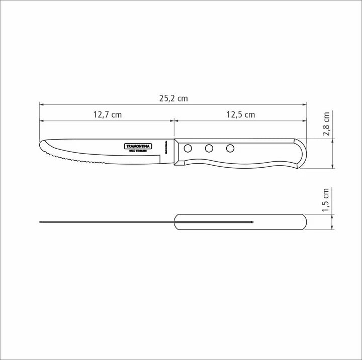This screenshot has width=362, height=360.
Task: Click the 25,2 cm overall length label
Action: [x=173, y=98]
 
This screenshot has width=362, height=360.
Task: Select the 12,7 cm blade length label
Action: [x=107, y=114]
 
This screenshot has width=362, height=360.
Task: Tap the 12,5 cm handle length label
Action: [x=240, y=114]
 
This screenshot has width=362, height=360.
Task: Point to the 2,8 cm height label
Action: [x=326, y=124]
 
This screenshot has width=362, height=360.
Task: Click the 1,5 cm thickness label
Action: [x=326, y=199]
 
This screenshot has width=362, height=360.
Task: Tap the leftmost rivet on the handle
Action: [x=188, y=148]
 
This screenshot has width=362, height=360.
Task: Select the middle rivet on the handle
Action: [x=209, y=148]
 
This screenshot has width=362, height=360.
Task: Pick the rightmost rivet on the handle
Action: [x=230, y=148]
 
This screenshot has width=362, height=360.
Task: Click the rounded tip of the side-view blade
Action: [x=42, y=146]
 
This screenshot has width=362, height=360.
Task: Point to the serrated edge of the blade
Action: [x=75, y=160]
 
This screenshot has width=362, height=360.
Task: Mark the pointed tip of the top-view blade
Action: [x=40, y=222]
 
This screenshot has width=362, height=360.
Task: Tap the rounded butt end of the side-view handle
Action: [x=303, y=153]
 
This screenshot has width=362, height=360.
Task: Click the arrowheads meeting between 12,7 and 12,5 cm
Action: [x=173, y=121]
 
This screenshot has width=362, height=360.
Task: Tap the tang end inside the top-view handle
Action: [x=252, y=222]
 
